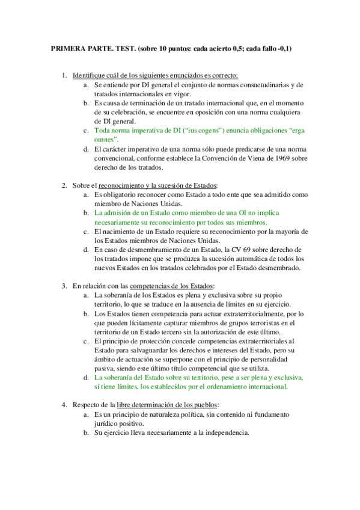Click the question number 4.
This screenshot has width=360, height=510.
(x=64, y=405)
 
